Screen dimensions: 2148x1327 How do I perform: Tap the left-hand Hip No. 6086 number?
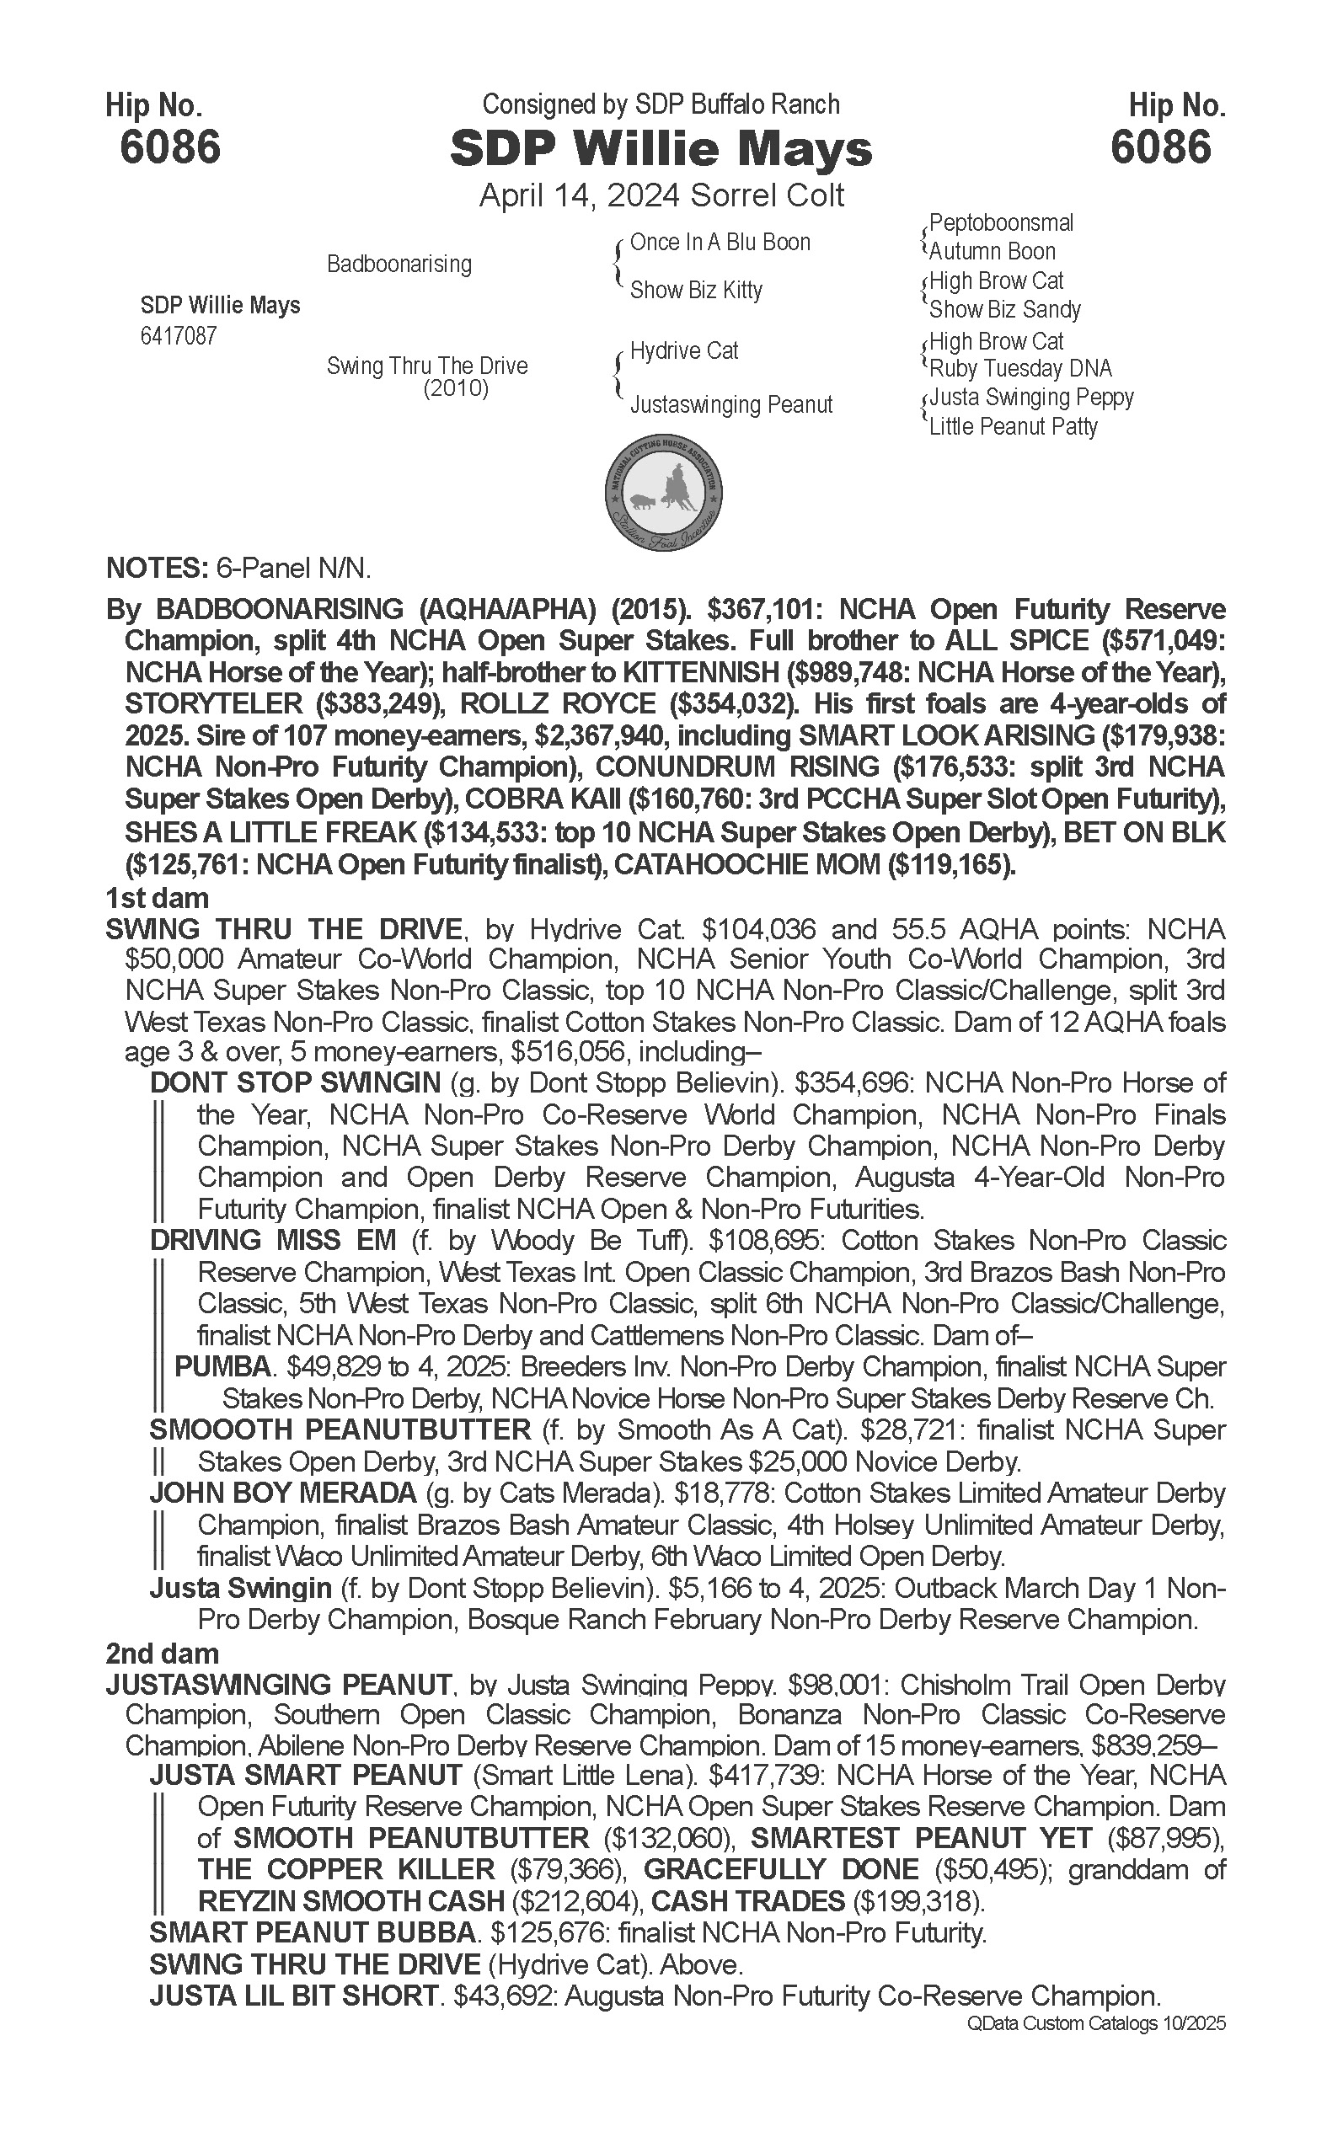point(170,147)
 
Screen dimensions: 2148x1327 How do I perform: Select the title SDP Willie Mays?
point(661,149)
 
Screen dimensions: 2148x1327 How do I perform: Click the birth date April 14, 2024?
point(580,195)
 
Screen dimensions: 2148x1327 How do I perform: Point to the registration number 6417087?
point(178,336)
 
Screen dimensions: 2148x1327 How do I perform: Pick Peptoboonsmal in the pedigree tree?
point(1001,223)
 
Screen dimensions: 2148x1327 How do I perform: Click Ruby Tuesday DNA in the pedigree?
point(1019,369)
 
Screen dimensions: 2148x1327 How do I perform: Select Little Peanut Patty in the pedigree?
point(1013,426)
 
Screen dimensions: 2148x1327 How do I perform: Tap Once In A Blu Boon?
point(720,243)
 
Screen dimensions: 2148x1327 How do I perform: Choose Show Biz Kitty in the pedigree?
point(696,290)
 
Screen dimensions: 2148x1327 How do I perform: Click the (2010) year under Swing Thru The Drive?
point(456,388)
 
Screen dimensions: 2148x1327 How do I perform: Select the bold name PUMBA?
point(222,1366)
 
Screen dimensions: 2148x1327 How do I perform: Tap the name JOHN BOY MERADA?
point(282,1493)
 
